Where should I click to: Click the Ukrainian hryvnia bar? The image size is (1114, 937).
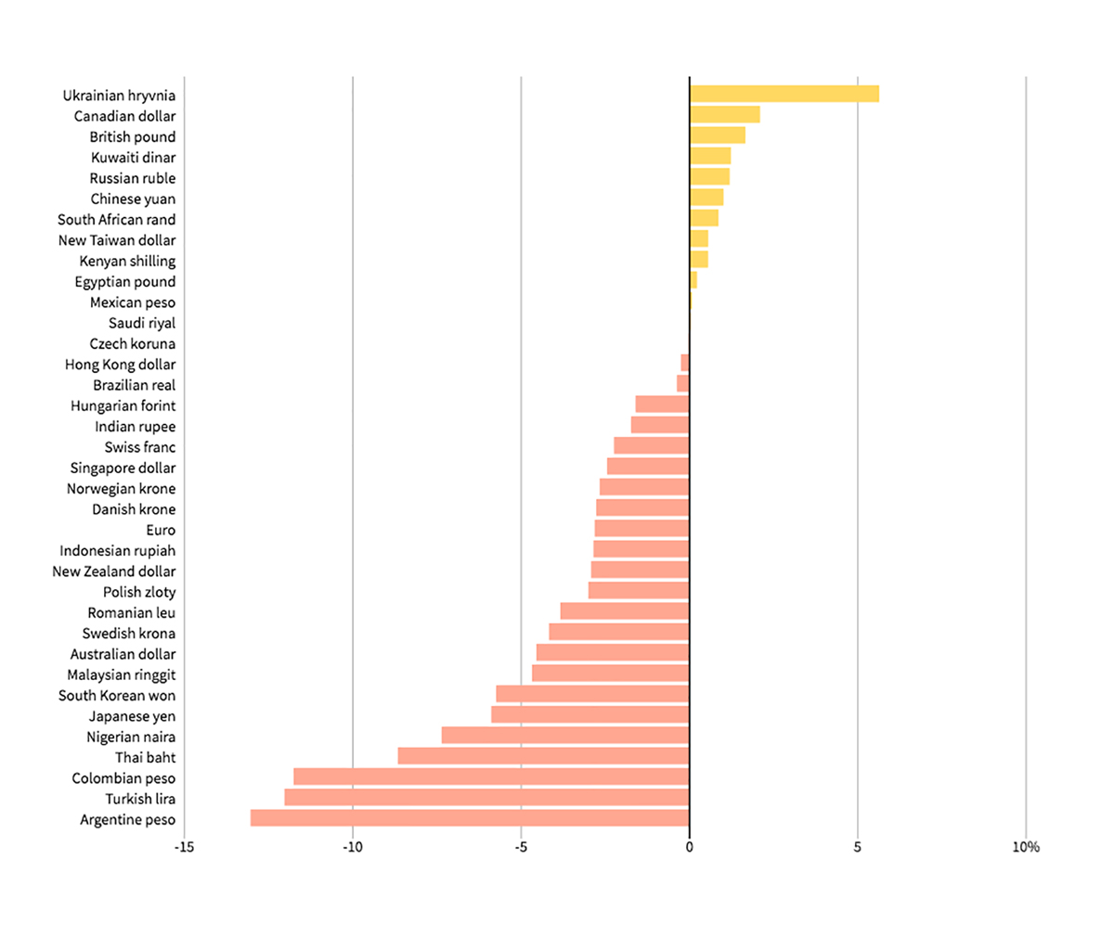click(784, 94)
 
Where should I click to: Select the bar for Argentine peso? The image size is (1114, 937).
click(470, 818)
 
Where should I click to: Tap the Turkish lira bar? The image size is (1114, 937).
click(486, 798)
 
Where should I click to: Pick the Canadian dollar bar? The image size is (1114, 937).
click(724, 115)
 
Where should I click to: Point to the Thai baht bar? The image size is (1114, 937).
click(543, 756)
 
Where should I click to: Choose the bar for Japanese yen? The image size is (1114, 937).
click(589, 715)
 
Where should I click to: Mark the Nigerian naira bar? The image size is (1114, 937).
click(565, 736)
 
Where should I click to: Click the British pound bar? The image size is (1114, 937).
click(717, 135)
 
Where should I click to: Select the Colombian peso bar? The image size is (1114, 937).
click(491, 777)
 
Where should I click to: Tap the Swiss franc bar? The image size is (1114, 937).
click(651, 446)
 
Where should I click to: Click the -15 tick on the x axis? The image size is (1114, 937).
click(184, 847)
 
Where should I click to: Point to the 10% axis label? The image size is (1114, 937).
click(1026, 847)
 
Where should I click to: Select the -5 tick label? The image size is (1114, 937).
click(521, 847)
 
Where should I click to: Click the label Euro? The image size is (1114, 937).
click(161, 530)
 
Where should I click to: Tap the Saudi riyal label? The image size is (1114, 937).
click(142, 323)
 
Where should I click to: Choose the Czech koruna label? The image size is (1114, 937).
click(133, 343)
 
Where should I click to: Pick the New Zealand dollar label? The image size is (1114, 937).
click(114, 571)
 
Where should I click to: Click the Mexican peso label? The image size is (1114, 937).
click(133, 302)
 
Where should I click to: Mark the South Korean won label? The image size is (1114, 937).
click(117, 695)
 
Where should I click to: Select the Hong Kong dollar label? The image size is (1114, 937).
click(121, 365)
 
